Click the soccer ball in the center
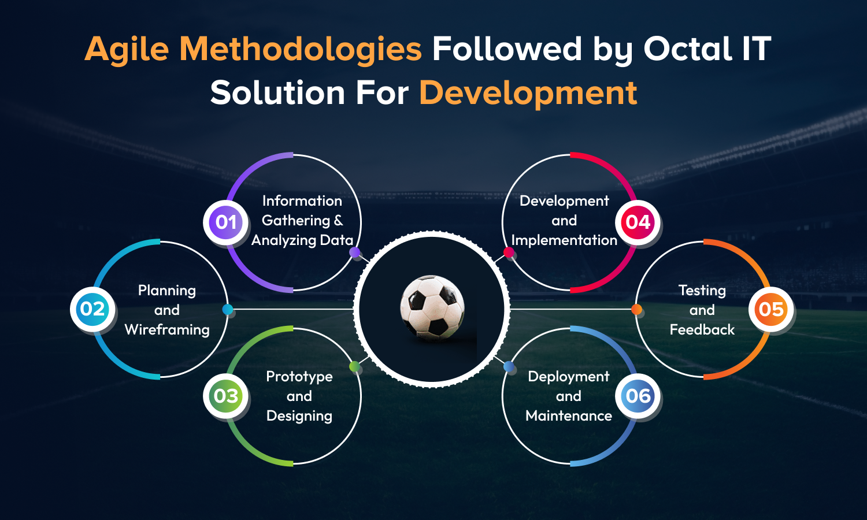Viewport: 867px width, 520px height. [x=432, y=308]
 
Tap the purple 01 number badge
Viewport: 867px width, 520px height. [x=225, y=222]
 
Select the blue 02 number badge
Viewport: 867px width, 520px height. [x=92, y=309]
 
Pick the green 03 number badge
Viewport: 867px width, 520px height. [x=225, y=396]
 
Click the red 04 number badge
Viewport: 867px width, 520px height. [x=638, y=222]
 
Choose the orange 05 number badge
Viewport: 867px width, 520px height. [x=771, y=309]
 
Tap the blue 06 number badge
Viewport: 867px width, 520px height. [x=638, y=396]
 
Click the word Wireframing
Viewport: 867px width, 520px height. [x=167, y=330]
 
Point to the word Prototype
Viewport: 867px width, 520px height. [x=299, y=377]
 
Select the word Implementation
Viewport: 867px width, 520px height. [x=564, y=240]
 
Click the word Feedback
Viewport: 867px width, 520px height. [x=702, y=330]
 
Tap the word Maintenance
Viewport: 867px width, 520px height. [x=569, y=416]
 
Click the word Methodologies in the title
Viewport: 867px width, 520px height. [x=301, y=50]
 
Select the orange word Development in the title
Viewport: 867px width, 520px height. [x=528, y=93]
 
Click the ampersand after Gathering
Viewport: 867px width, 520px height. [x=338, y=220]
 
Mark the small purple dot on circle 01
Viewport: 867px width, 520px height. [x=354, y=252]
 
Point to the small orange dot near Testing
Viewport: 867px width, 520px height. [x=636, y=309]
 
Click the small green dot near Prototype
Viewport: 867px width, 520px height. [x=354, y=366]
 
